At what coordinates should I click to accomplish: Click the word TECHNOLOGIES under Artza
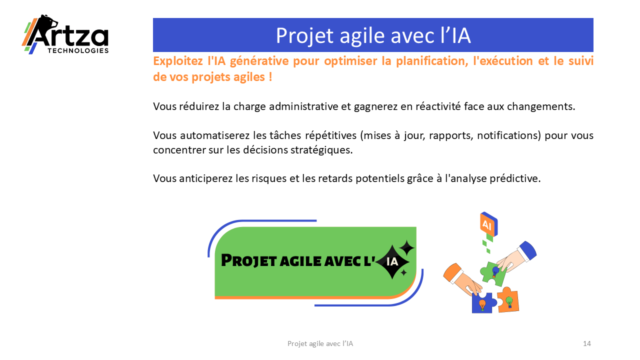78,51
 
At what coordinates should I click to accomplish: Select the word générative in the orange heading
259,61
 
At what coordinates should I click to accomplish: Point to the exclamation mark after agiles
270,76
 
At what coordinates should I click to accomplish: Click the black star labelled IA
392,261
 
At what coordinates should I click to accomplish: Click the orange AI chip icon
489,224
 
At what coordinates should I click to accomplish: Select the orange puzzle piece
508,299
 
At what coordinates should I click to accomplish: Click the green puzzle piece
493,273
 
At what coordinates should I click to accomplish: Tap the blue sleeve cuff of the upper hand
527,250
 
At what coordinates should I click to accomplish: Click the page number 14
587,343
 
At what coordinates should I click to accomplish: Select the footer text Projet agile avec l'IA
320,343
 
